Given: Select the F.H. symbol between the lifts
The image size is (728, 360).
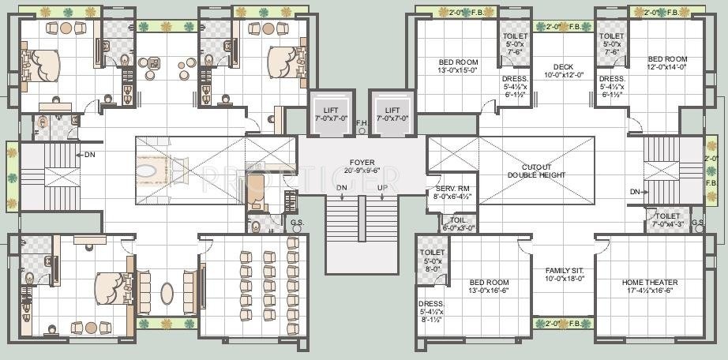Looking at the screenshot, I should point(362,123).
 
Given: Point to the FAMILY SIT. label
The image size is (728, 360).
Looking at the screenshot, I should point(563,274).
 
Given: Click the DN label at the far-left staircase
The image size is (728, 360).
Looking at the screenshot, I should point(90,155).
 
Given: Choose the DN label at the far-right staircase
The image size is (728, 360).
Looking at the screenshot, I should point(636,192).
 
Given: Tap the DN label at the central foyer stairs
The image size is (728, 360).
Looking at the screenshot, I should point(341,187).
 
